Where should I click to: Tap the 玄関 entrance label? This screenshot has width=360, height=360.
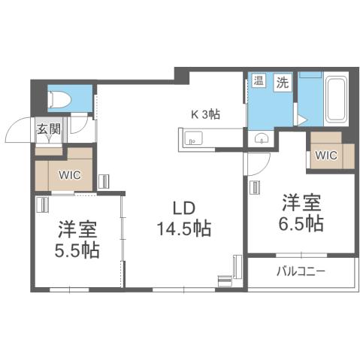point(47,129)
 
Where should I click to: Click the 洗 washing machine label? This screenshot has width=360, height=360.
point(282,82)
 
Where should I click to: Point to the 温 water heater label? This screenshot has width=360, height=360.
point(259,82)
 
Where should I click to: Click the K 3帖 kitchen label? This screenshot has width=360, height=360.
point(205,116)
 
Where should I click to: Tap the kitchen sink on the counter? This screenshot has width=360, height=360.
point(191,139)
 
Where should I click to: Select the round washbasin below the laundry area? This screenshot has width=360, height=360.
point(261,138)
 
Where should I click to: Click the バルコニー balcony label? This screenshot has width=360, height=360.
point(301,271)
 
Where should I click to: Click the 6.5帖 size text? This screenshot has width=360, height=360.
point(303,223)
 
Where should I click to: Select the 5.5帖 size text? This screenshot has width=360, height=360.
point(77,250)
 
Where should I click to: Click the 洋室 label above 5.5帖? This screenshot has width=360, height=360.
point(77,228)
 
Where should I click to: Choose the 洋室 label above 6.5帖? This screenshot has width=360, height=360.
point(303,201)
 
